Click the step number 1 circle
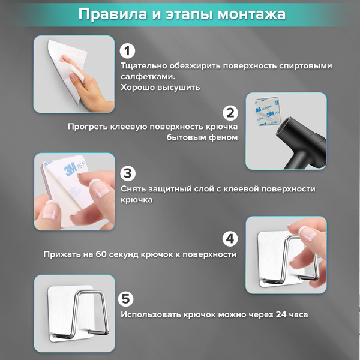[128, 51]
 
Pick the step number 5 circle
[128, 299]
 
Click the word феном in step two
[224, 137]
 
